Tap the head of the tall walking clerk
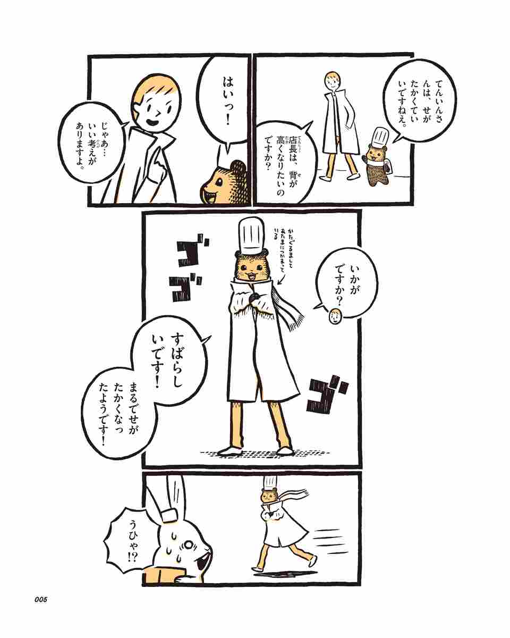click(x=334, y=81)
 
